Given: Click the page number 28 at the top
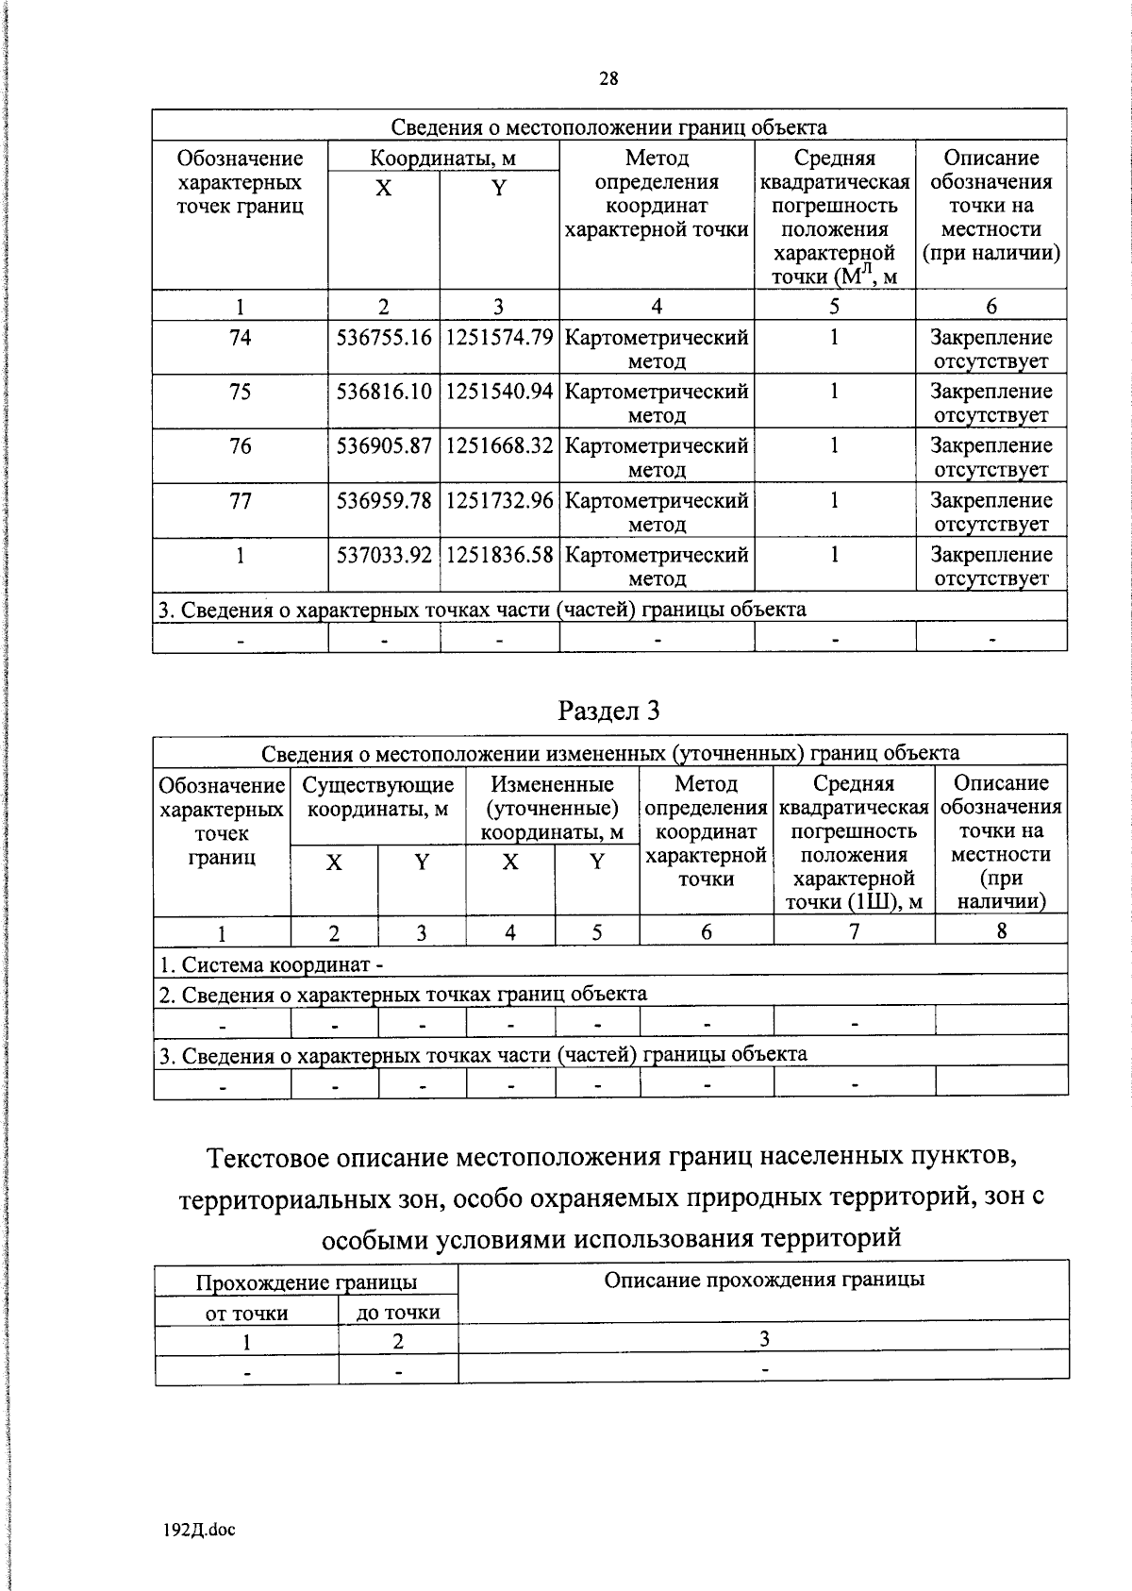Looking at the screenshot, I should [x=608, y=79].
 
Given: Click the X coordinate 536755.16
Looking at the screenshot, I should [x=384, y=338].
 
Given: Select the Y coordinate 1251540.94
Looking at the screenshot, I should [x=499, y=392].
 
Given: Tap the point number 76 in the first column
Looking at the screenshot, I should [x=241, y=445].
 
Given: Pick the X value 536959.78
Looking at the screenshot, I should [x=384, y=500].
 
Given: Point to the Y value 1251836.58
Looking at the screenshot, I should [x=499, y=555].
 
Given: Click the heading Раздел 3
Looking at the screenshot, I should [x=608, y=711].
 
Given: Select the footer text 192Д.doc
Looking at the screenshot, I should [x=199, y=1530].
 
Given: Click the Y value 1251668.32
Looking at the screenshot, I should [x=499, y=445].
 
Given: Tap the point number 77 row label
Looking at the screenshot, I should [x=241, y=500].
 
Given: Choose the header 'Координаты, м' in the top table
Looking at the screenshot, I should [x=442, y=158].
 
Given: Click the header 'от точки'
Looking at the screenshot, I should [x=246, y=1313].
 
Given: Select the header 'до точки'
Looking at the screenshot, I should [x=398, y=1313].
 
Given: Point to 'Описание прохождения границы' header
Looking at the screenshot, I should [x=764, y=1280].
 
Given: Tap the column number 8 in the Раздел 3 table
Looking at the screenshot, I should [x=1001, y=931].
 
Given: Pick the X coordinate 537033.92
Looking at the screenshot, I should [x=384, y=555].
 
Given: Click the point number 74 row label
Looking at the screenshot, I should [x=241, y=338].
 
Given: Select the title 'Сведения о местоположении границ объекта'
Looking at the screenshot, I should [x=608, y=127].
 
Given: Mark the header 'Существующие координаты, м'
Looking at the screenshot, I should [x=378, y=797].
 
